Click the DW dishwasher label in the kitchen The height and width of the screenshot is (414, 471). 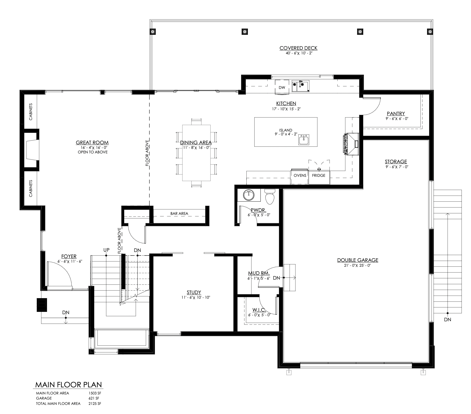coord(282,88)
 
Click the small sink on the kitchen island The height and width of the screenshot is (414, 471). coord(304,139)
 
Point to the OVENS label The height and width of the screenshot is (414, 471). coord(300,176)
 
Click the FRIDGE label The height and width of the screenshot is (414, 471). coord(319,176)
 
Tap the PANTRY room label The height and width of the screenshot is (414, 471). coord(396,114)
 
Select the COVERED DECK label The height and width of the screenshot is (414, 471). coord(299,48)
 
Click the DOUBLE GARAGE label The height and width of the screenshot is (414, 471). coord(358,260)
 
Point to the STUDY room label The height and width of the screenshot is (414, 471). coord(194,292)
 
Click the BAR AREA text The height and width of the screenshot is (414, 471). coord(179,214)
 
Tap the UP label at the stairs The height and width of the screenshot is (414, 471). coord(106,250)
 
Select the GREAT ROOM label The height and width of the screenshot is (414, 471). coord(92,143)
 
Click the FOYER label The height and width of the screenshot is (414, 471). coord(69,257)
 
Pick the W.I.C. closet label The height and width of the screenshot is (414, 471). coord(259,310)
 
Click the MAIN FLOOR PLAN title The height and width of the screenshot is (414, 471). coord(68,385)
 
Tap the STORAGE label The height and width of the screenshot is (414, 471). coord(396,162)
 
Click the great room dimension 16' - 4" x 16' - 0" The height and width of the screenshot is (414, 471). coord(92,148)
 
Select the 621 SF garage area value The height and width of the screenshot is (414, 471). coord(95,398)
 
